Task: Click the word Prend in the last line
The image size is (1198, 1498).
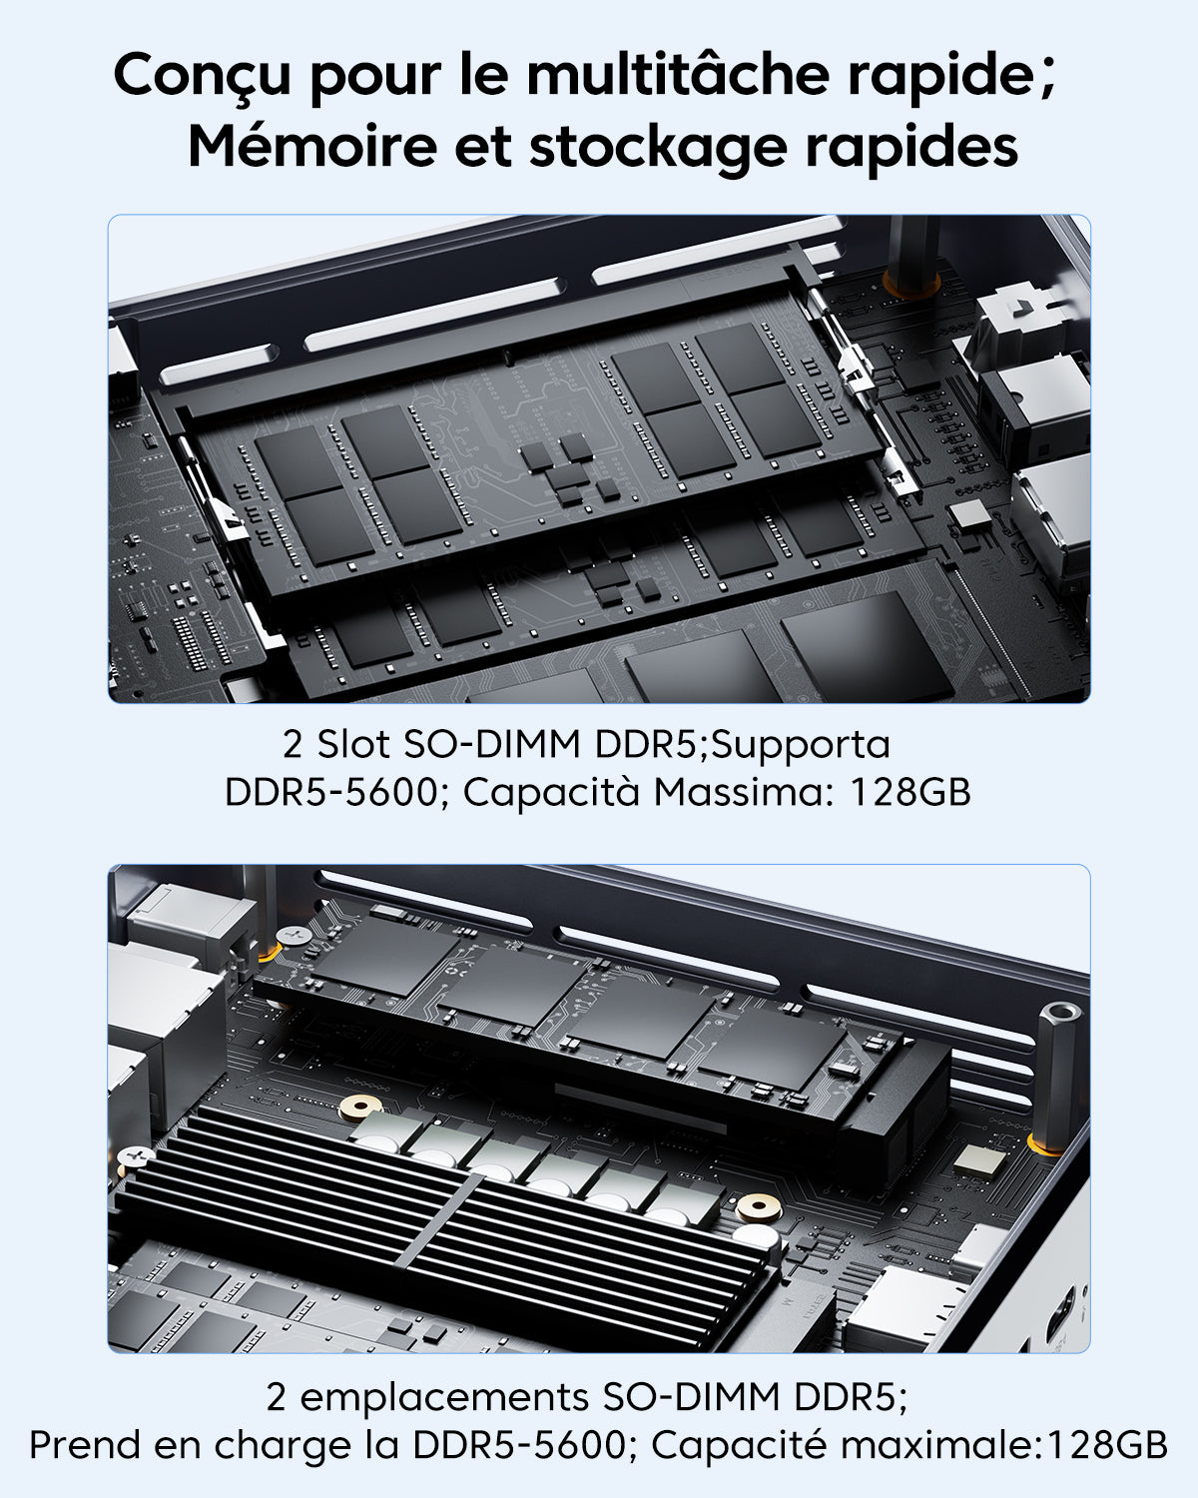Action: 84,1445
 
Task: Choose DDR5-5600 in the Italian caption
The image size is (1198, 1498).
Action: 330,792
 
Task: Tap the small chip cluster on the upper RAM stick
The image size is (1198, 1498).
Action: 569,469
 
